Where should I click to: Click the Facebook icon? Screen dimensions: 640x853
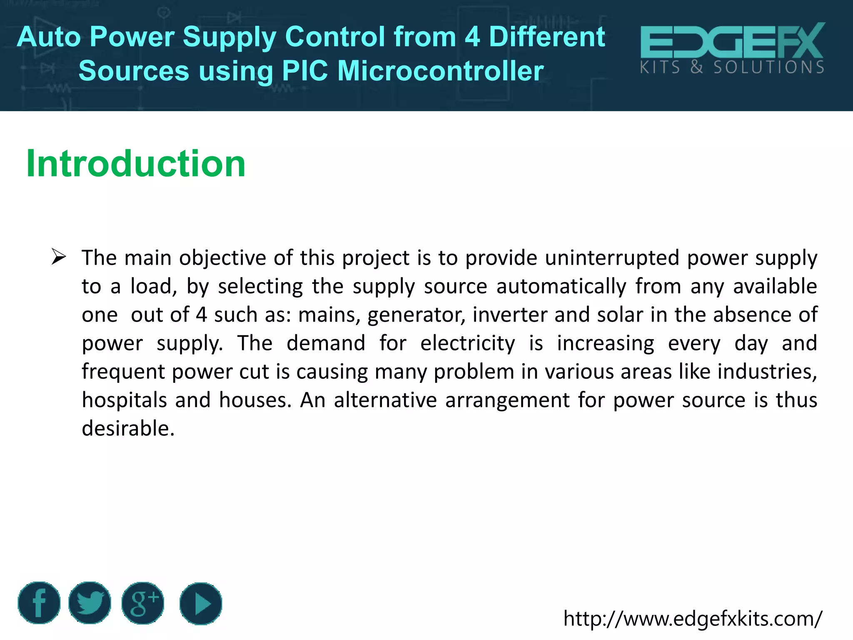click(39, 603)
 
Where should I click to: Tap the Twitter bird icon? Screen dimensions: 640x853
click(90, 603)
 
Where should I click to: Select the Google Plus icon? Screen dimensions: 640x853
click(143, 603)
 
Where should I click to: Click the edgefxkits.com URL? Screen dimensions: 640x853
click(693, 618)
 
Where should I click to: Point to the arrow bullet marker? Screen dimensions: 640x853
click(59, 257)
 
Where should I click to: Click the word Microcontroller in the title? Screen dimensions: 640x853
click(440, 70)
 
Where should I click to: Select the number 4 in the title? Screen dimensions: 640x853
click(472, 37)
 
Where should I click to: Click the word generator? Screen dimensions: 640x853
click(416, 315)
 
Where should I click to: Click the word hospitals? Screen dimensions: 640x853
click(125, 400)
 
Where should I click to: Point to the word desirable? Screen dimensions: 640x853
click(128, 428)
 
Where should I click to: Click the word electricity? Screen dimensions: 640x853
click(467, 343)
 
